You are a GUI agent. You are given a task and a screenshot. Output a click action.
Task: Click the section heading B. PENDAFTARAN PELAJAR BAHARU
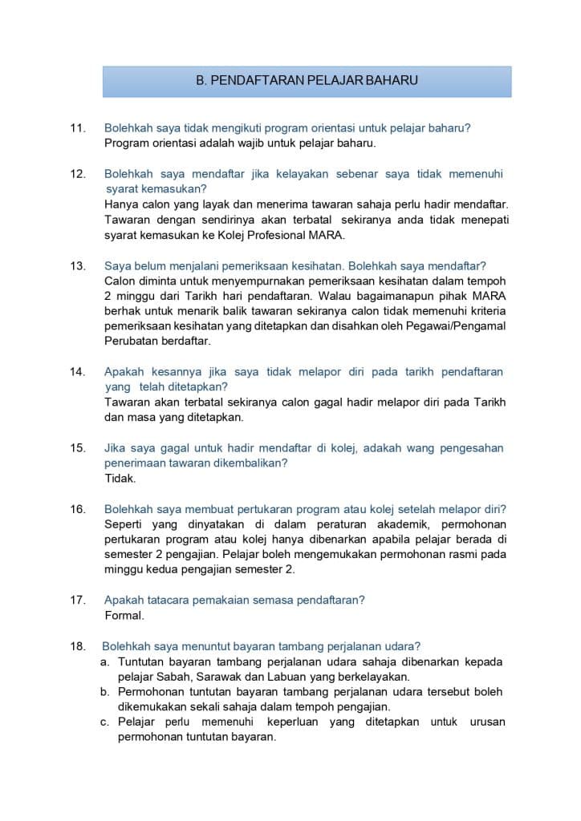pos(307,81)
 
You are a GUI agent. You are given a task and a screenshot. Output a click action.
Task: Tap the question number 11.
pos(78,128)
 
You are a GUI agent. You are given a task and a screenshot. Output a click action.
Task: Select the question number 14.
pos(78,372)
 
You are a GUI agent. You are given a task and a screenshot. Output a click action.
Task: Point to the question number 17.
pos(78,601)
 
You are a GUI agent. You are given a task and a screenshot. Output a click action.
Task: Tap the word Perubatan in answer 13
pos(130,341)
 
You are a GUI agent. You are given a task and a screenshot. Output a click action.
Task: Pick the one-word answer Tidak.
pos(120,479)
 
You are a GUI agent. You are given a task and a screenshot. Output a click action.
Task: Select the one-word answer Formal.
pos(124,616)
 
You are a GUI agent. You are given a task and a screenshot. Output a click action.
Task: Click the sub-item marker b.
pos(104,692)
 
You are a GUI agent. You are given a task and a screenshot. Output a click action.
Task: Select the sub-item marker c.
pos(104,722)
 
